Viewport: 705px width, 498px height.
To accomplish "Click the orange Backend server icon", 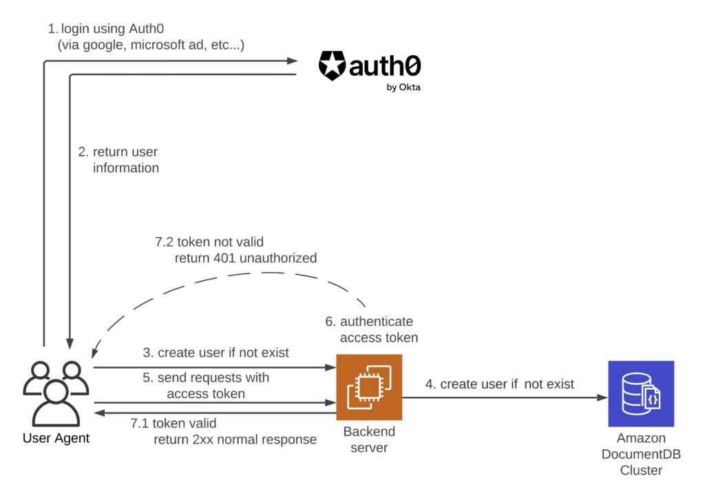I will coord(368,387).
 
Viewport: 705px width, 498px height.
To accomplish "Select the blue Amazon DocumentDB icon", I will coord(640,393).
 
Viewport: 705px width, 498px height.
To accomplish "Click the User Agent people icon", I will coord(55,392).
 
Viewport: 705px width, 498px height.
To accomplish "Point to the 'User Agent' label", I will coord(56,438).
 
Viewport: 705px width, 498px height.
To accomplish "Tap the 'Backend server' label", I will coord(369,439).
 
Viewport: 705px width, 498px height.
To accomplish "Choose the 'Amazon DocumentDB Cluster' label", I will coord(640,454).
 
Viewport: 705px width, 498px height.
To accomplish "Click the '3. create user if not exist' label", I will coord(215,353).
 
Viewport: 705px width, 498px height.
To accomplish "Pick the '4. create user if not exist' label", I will coord(499,384).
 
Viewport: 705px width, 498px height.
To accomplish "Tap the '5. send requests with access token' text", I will coord(206,386).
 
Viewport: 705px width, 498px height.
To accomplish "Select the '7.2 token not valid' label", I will coord(209,242).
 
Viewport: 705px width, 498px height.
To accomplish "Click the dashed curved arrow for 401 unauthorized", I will coord(227,279).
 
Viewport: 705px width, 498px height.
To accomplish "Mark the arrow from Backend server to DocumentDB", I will coord(503,397).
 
